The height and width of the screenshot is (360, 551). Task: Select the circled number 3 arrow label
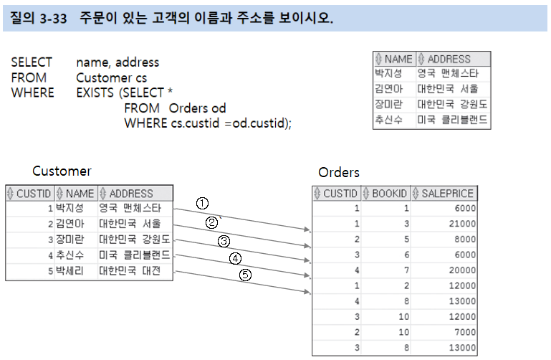(224, 240)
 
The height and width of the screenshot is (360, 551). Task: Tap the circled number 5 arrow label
(245, 275)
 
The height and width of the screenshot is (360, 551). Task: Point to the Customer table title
(62, 171)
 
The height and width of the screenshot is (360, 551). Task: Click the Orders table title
(339, 172)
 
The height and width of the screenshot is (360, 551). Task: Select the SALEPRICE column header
(448, 194)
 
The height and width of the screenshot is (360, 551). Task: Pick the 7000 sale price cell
(463, 332)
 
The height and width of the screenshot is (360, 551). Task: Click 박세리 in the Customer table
(70, 272)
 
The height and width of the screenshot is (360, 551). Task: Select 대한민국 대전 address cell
(130, 272)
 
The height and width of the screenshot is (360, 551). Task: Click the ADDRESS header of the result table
(449, 59)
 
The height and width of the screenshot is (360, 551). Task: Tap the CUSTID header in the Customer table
(33, 193)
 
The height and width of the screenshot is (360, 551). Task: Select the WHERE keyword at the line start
(32, 93)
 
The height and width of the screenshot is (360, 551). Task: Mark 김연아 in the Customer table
(70, 224)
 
